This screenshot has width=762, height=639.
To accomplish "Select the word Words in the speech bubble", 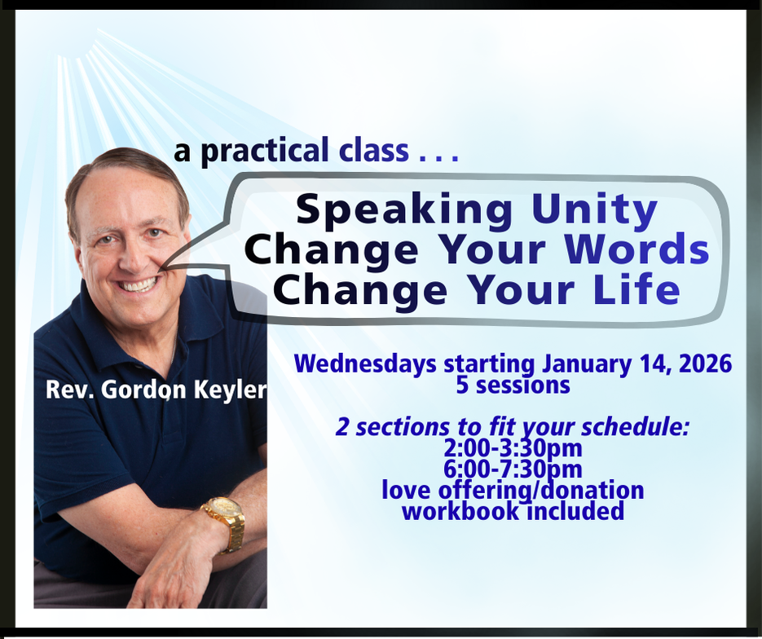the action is pos(636,249).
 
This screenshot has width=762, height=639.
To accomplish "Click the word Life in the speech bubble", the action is pos(636,289).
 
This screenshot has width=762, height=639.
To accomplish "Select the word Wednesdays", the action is pos(365,364).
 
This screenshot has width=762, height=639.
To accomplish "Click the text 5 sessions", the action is pos(513,386).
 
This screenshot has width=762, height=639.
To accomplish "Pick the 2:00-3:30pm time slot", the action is pos(513,448).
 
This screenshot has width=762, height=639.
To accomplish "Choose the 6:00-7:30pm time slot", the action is pos(513,469).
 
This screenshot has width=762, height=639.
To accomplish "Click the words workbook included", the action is pos(513,511).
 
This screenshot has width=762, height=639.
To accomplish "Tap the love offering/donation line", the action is pos(513,491).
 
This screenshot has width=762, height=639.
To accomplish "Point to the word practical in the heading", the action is pos(265,151).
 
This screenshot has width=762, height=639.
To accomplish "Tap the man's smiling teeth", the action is pos(139,284).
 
